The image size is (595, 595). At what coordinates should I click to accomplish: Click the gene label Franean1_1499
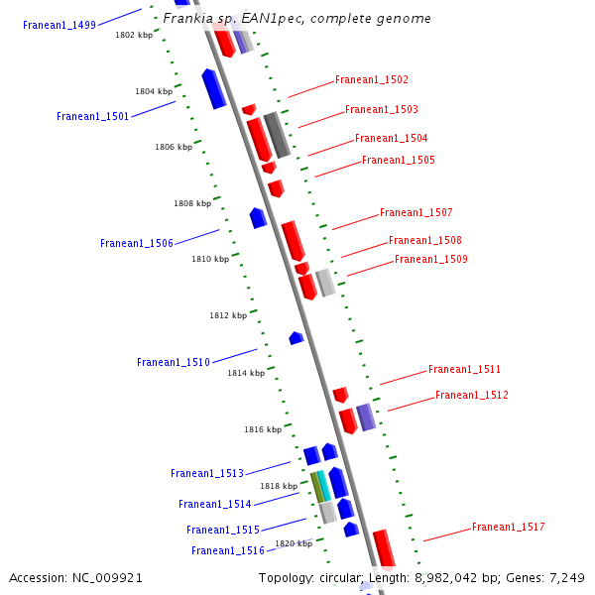point(59,25)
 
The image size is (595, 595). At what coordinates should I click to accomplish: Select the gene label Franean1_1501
point(92,116)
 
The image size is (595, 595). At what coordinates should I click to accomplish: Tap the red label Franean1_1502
point(372,79)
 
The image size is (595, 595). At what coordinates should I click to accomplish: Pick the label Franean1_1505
point(398,160)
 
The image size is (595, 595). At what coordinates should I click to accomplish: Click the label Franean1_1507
point(416,212)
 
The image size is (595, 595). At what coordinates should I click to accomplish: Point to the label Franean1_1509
point(431,259)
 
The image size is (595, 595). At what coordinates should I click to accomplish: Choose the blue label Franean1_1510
point(174,362)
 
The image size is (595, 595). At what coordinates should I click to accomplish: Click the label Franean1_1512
point(471,395)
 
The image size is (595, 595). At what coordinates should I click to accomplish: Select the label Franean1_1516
point(228,550)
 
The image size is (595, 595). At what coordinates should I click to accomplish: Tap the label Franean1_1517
point(508,527)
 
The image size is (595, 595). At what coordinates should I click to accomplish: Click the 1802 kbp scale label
point(134,35)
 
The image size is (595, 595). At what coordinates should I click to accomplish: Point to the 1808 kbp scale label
point(192,203)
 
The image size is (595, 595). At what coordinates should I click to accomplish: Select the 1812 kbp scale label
point(228,315)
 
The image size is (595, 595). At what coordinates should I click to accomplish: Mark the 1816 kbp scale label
point(263,429)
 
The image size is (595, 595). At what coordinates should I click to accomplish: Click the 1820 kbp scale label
point(294,543)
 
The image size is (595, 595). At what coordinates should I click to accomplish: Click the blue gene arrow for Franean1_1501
point(213,88)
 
